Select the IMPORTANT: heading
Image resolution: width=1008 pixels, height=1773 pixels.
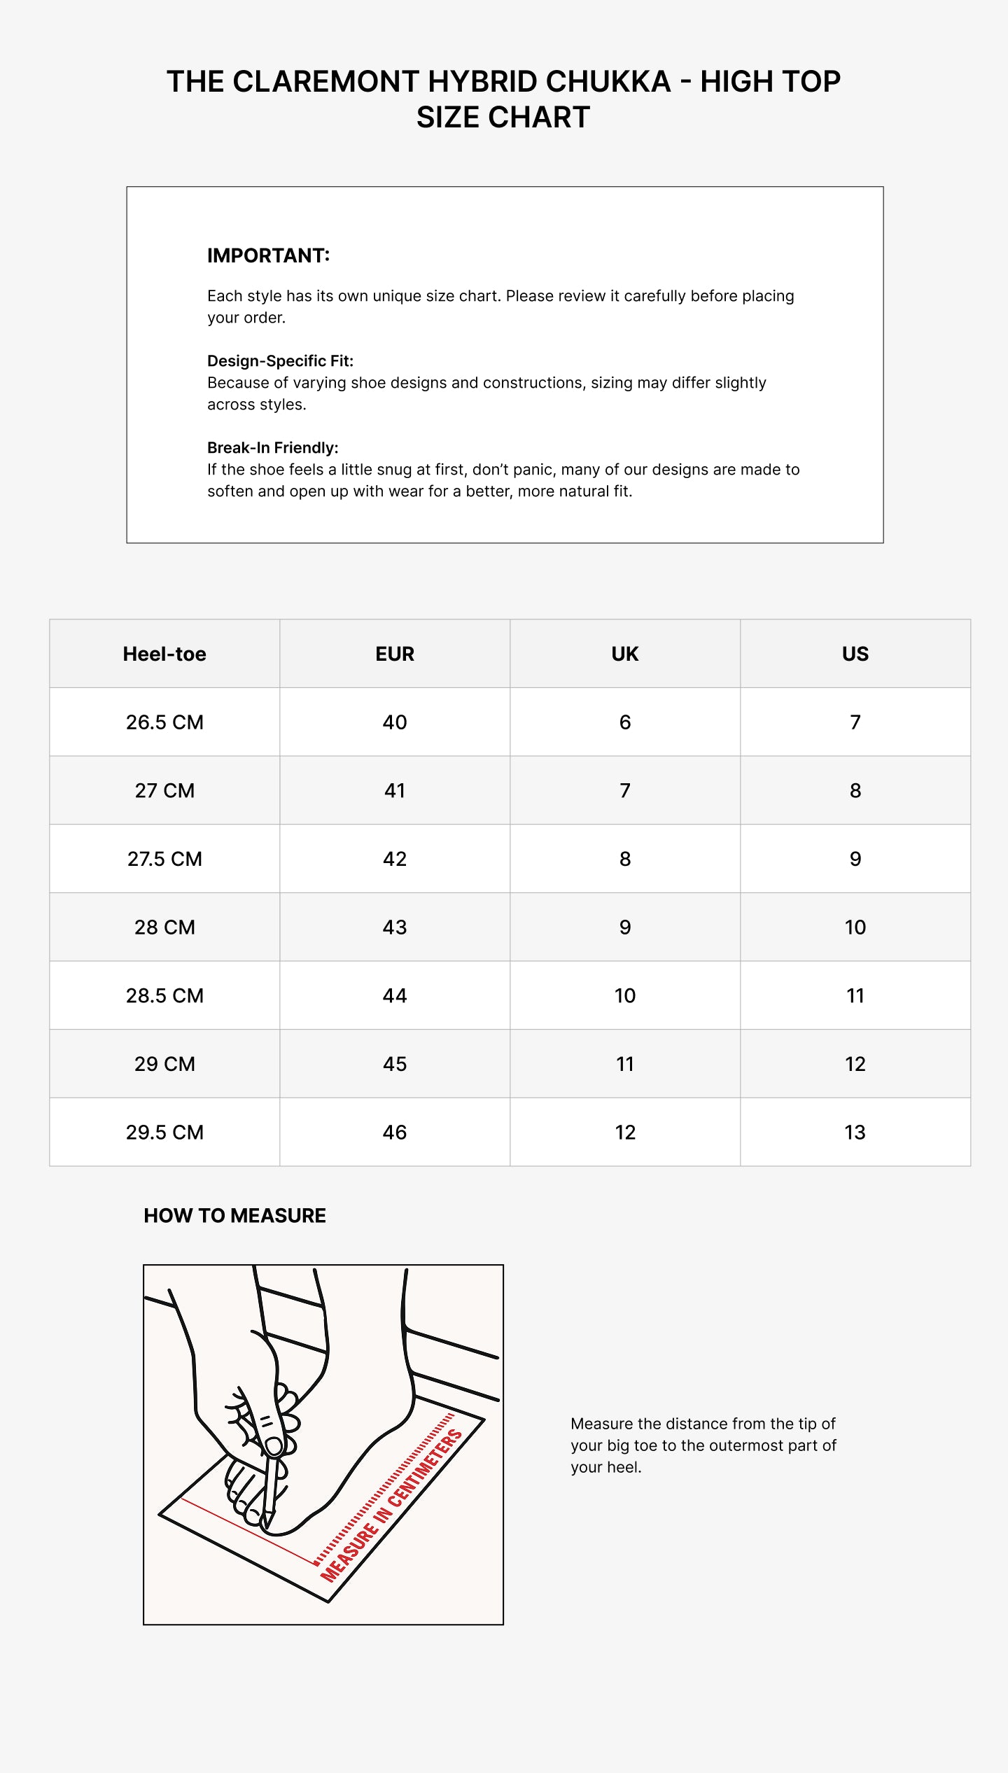268,255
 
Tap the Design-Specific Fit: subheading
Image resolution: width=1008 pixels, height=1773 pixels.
280,360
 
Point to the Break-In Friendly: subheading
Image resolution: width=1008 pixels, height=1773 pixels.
272,447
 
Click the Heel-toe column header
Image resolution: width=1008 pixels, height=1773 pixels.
164,654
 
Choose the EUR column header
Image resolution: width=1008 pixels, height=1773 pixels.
395,654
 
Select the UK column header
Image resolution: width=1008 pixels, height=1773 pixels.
624,654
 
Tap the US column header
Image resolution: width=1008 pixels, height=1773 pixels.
855,654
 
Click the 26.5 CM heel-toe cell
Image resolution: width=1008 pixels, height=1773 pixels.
164,722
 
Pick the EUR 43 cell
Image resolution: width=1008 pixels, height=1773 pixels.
395,927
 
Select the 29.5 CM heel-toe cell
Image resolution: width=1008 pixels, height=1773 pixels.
164,1133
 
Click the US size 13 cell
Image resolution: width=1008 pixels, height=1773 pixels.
855,1133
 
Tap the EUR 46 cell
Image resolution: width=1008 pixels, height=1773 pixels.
395,1133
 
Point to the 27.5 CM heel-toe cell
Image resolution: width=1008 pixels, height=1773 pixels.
164,859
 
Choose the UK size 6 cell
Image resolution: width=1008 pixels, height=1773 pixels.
624,722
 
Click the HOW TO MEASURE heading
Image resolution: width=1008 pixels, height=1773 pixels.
234,1216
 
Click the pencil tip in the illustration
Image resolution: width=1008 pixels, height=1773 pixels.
265,1527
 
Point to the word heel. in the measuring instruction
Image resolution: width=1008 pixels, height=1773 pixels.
623,1467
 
